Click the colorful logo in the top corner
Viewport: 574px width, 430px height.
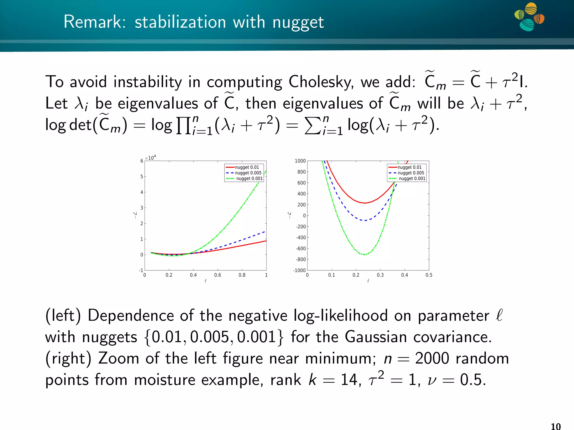tap(529, 17)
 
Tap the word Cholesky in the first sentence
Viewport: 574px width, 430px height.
tap(321, 82)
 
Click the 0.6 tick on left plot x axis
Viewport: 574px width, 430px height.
tap(217, 275)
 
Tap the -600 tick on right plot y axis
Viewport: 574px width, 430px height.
tap(301, 248)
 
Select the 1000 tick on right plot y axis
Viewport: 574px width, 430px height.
tap(300, 161)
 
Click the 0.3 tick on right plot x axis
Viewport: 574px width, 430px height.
tap(380, 275)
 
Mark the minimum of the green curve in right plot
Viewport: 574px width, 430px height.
tap(365, 255)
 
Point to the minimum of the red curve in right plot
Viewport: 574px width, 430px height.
tap(365, 203)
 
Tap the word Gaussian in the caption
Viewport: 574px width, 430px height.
tap(376, 337)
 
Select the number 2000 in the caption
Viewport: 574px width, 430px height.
tap(432, 358)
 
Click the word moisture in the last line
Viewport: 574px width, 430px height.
tap(164, 380)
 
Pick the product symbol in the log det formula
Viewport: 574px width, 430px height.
tap(182, 126)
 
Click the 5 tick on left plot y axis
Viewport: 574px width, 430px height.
tap(142, 176)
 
